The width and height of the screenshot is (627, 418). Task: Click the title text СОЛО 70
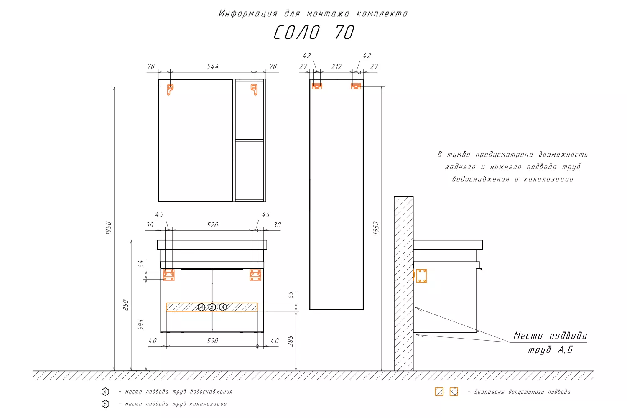point(314,33)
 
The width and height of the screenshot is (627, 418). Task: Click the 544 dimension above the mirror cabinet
point(212,66)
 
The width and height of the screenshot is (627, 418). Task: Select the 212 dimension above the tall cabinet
point(336,66)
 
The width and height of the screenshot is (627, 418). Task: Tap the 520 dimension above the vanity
point(212,225)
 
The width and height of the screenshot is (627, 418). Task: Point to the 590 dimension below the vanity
point(212,340)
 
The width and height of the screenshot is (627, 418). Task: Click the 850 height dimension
point(126,305)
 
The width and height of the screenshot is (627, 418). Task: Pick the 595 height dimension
point(140,324)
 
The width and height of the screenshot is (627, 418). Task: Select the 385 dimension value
point(291,341)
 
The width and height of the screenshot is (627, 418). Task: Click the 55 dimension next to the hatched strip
point(291,295)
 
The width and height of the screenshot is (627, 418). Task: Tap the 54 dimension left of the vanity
point(141,263)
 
